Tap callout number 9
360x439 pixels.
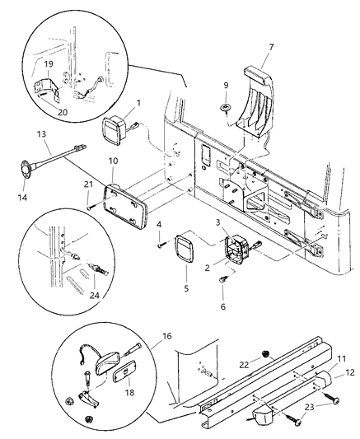click(226, 85)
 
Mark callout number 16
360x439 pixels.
click(143, 337)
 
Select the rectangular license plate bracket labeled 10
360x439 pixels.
click(128, 207)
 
